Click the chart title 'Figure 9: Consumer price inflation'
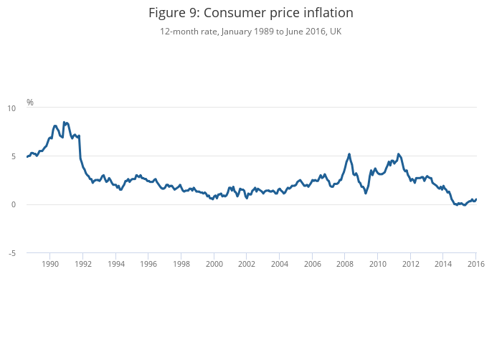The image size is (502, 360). click(251, 14)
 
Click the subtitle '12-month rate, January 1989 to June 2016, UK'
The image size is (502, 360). click(251, 32)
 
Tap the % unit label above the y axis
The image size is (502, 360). click(30, 103)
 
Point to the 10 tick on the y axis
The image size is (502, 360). click(11, 108)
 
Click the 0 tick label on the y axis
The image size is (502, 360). click(13, 205)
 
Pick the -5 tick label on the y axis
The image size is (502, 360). click(11, 253)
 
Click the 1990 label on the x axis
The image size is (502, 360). click(50, 264)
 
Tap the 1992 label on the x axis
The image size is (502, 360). click(83, 264)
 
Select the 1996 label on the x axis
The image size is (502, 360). click(148, 264)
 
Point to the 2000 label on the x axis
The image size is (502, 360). click(214, 264)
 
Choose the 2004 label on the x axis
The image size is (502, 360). click(280, 264)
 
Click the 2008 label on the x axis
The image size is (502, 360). click(345, 264)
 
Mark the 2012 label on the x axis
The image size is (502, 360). click(411, 264)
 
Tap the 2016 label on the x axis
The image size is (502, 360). click(476, 264)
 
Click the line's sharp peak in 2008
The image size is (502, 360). click(349, 154)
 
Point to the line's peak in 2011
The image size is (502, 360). click(399, 154)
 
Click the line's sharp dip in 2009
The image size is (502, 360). click(366, 193)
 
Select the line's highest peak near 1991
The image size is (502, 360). click(64, 122)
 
